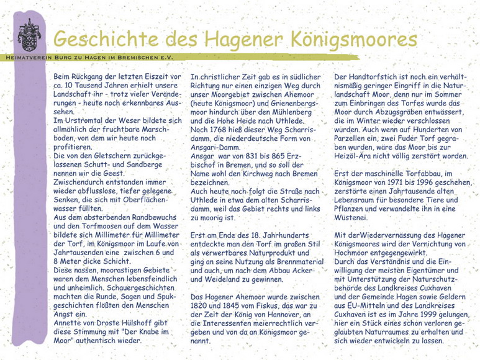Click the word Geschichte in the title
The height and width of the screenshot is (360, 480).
[x=106, y=38]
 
